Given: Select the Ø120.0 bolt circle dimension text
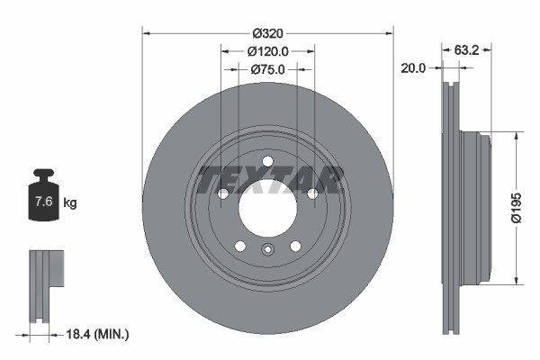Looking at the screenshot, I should coord(267,50).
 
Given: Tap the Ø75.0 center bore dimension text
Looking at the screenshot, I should coord(267,68).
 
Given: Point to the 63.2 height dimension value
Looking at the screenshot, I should coord(465,50).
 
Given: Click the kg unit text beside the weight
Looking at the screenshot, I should coord(70,203).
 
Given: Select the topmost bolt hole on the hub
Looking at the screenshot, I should coord(267,162).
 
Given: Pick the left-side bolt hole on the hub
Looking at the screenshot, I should coord(223,193).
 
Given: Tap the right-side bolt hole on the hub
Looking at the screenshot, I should coord(312,193).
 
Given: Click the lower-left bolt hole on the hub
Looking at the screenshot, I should coord(240,246).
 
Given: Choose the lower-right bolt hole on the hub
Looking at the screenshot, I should coord(295,246).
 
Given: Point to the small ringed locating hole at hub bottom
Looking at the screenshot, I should coord(267,251).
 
